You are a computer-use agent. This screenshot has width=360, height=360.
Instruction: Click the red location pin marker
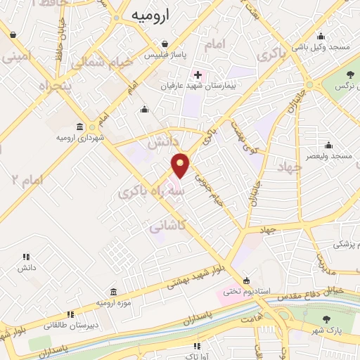point(181,165)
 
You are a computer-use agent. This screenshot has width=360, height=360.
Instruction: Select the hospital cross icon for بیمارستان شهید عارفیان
point(198,75)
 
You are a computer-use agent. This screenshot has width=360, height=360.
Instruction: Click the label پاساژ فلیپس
point(161,55)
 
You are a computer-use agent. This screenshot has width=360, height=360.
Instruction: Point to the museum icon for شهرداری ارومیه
point(78,127)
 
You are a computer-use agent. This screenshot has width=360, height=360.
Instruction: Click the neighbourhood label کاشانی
point(168,226)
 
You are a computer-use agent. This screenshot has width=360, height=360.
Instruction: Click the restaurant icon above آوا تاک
point(198,346)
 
